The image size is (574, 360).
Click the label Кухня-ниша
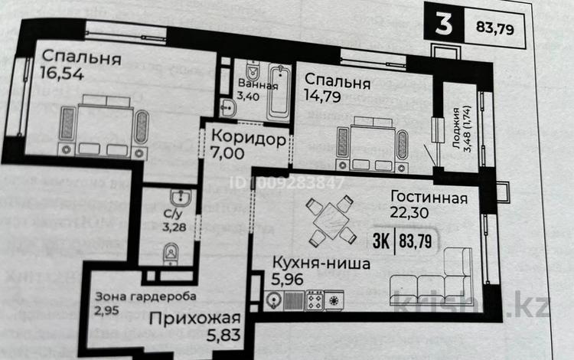[x=321, y=264]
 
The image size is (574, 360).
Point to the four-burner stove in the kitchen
[x=314, y=300]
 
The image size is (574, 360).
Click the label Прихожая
[x=194, y=319]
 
